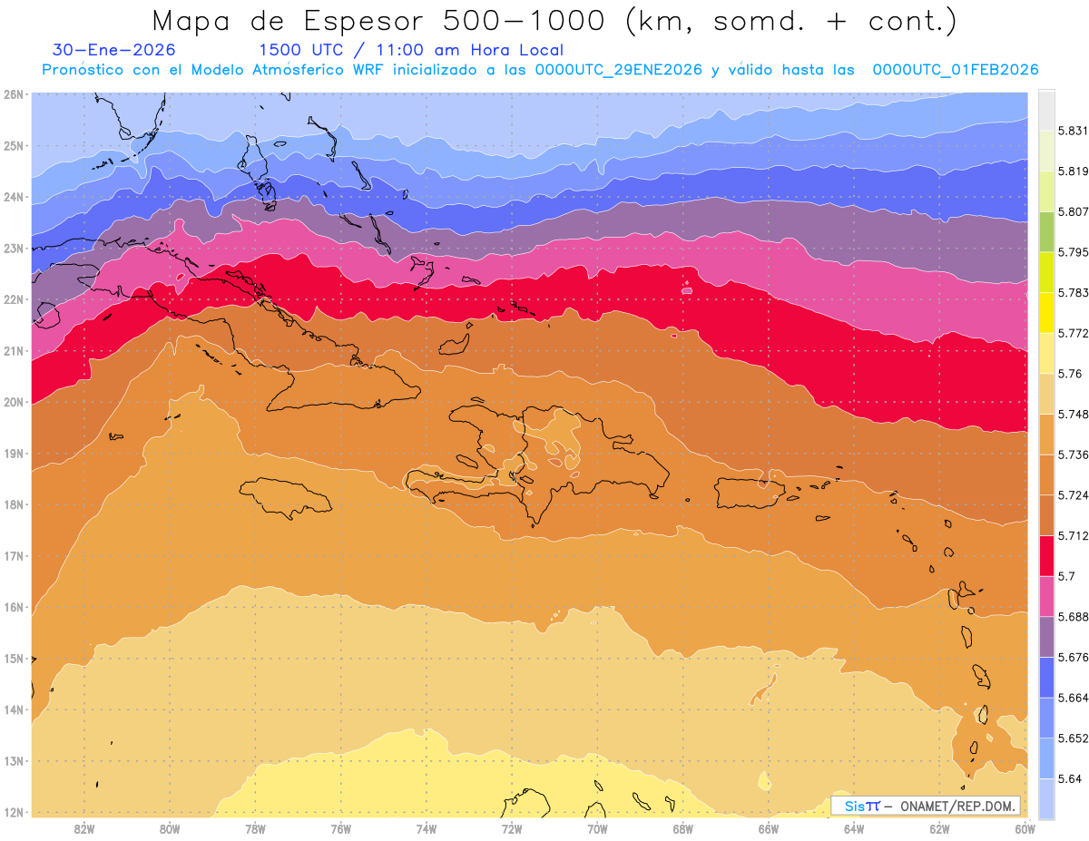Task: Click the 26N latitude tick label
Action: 14,94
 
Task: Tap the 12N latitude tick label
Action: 14,812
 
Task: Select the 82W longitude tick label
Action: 84,828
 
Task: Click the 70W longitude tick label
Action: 597,828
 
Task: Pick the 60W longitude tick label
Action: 1025,828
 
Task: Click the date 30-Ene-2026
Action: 114,50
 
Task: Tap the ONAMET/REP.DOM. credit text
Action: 958,806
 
